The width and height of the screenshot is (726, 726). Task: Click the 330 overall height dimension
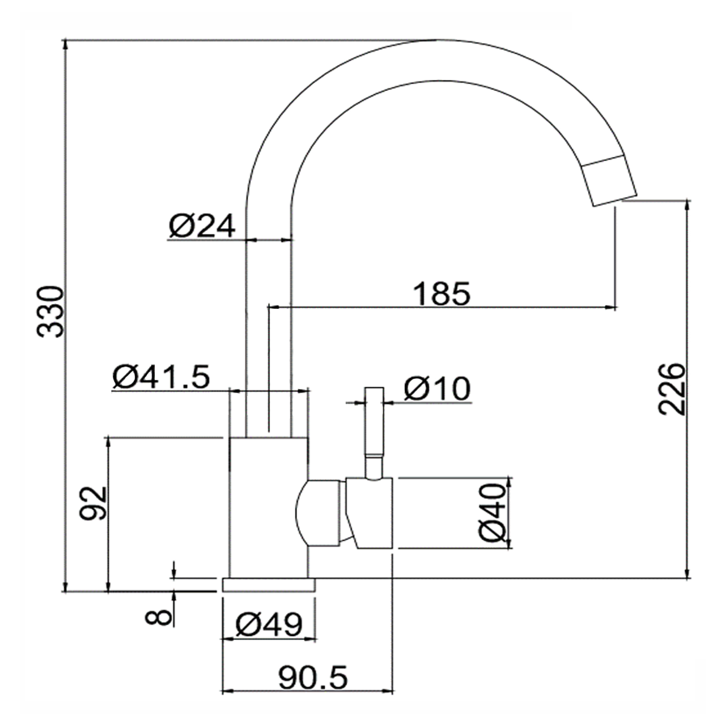(x=51, y=312)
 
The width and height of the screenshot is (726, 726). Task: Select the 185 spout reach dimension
(x=441, y=293)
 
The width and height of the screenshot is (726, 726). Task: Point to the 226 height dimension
(x=672, y=388)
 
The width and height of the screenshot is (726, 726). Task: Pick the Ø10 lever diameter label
(x=437, y=388)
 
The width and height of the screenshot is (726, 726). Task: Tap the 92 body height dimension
(x=92, y=503)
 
